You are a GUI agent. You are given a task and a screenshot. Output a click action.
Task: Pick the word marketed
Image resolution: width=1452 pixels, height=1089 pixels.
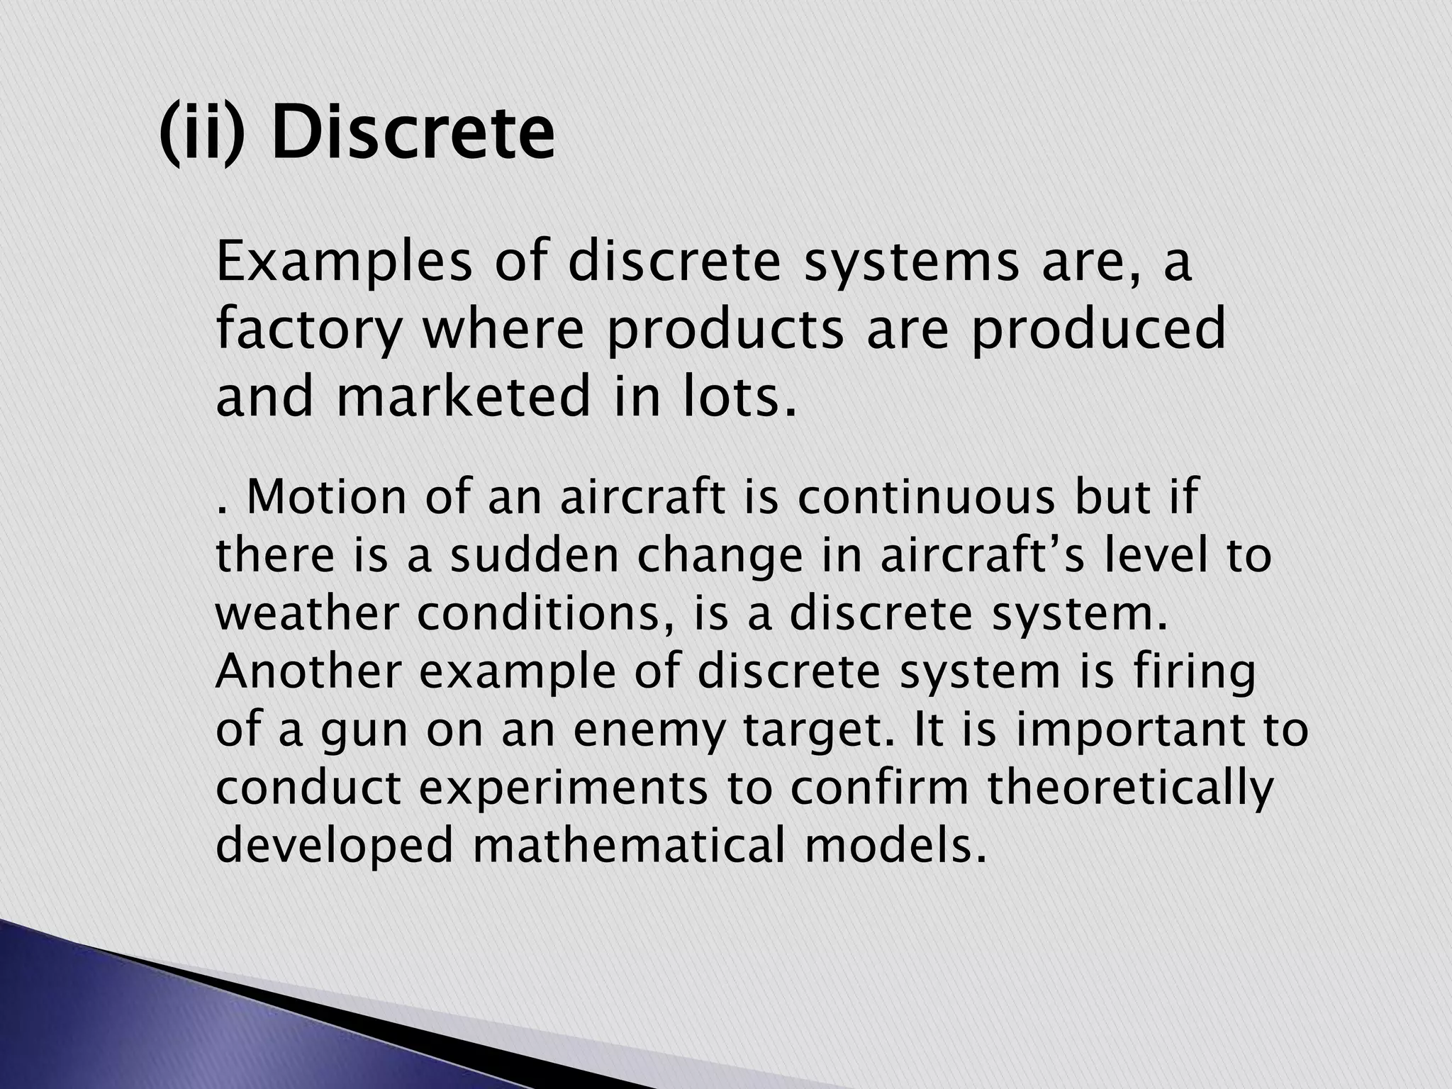[463, 396]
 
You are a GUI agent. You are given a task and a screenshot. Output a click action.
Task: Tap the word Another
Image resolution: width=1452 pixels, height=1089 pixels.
[308, 671]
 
